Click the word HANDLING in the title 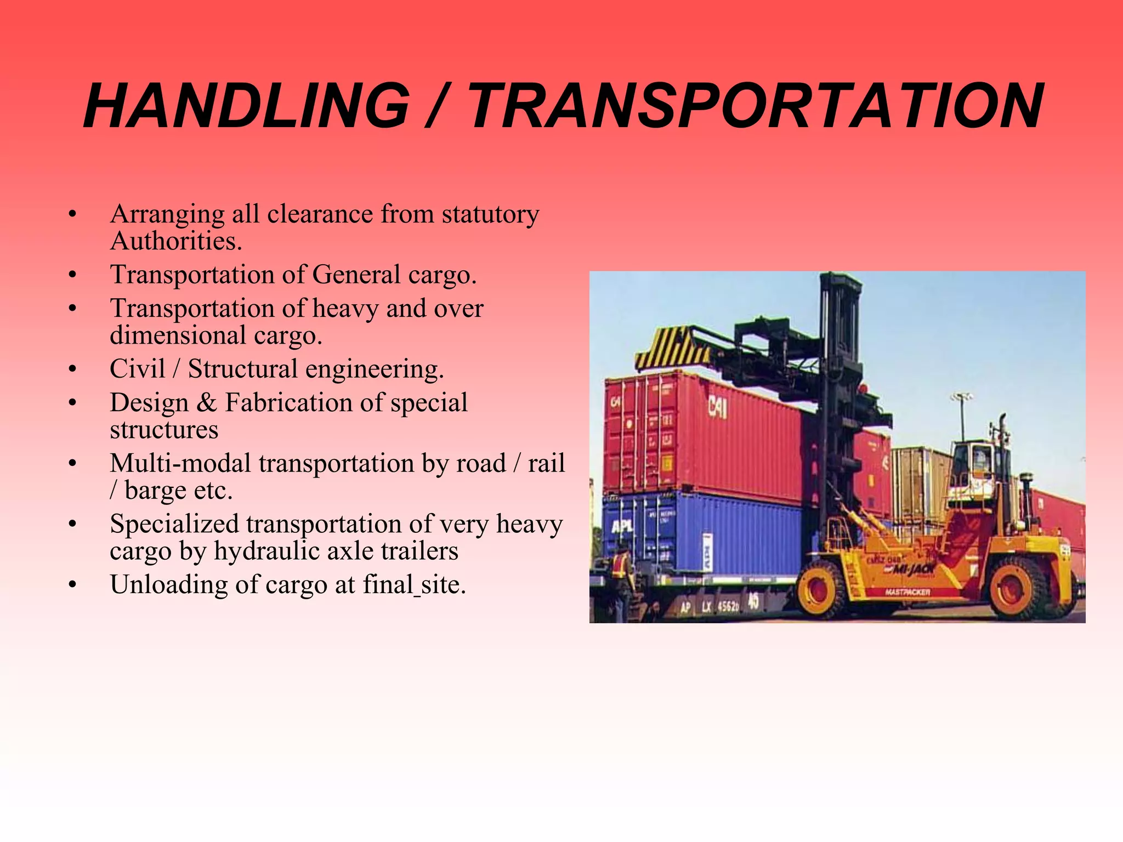[x=247, y=105]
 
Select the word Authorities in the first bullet [x=175, y=241]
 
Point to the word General [x=356, y=275]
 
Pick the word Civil [x=138, y=368]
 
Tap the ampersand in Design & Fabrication [x=207, y=403]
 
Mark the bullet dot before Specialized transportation [x=72, y=524]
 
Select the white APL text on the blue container [x=622, y=527]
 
